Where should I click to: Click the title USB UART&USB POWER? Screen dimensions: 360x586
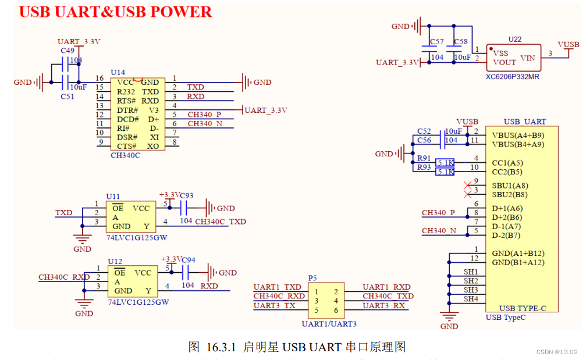pyautogui.click(x=116, y=12)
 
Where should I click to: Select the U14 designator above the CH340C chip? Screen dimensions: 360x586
pyautogui.click(x=118, y=72)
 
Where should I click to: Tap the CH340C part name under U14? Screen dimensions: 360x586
pyautogui.click(x=125, y=155)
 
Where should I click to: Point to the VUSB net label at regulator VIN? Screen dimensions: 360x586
pyautogui.click(x=568, y=45)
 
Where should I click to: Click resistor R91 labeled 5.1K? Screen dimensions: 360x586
pyautogui.click(x=445, y=163)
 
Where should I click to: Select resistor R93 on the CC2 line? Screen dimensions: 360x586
pyautogui.click(x=445, y=172)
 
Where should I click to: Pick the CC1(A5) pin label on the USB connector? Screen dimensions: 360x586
pyautogui.click(x=507, y=163)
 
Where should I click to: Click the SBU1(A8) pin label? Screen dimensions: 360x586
pyautogui.click(x=510, y=186)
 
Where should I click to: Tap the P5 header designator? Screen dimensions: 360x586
pyautogui.click(x=312, y=279)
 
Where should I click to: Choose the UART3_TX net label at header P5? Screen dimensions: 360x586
pyautogui.click(x=274, y=305)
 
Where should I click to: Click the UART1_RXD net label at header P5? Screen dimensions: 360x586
pyautogui.click(x=386, y=287)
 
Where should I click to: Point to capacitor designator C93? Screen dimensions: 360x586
pyautogui.click(x=187, y=195)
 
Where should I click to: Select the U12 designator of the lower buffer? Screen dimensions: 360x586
pyautogui.click(x=115, y=262)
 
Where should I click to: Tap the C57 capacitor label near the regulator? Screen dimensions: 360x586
pyautogui.click(x=436, y=42)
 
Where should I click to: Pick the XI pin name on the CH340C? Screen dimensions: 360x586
pyautogui.click(x=154, y=137)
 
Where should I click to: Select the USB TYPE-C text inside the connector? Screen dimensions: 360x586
pyautogui.click(x=522, y=308)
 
